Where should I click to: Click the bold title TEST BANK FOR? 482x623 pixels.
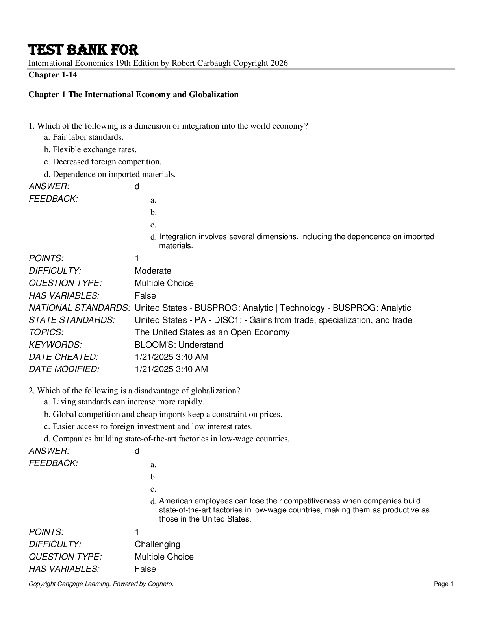click(x=83, y=50)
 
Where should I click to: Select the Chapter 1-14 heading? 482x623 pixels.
click(x=53, y=75)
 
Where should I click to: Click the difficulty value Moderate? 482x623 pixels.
click(x=153, y=271)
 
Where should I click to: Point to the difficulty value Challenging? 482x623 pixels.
click(x=157, y=544)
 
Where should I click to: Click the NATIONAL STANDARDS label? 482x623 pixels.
click(x=80, y=308)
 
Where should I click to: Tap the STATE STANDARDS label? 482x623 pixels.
click(x=72, y=320)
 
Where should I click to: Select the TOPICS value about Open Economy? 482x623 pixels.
click(x=212, y=332)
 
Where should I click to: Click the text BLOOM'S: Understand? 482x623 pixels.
click(x=179, y=345)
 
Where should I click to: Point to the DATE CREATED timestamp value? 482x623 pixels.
click(x=171, y=357)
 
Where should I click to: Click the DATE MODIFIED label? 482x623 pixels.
click(x=64, y=369)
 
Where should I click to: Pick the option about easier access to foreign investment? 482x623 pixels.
click(x=152, y=426)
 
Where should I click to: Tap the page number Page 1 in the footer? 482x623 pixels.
click(x=444, y=584)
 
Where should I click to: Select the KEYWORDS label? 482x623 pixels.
click(x=55, y=345)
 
